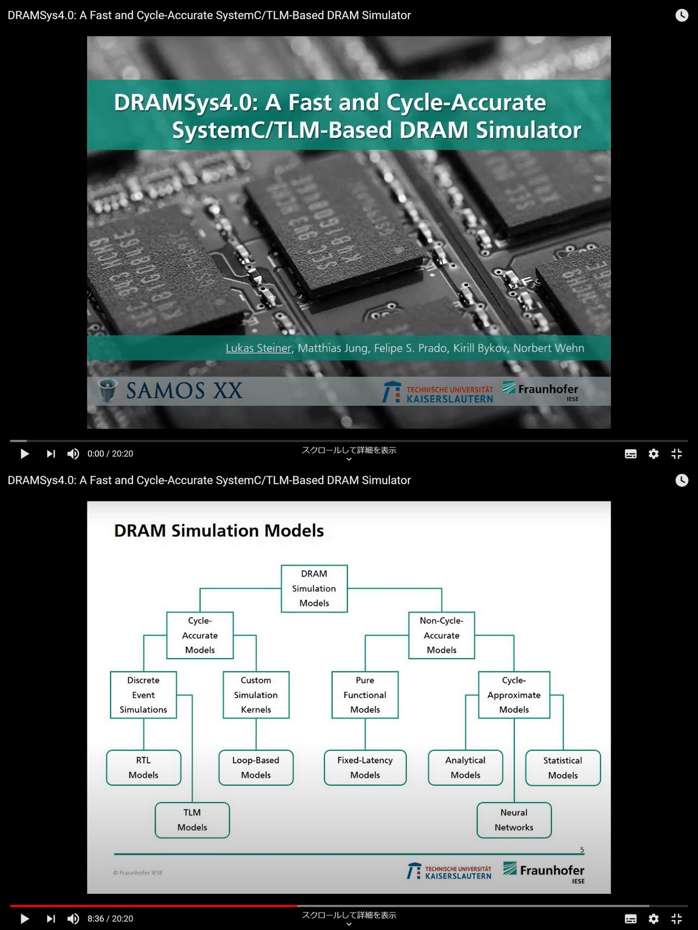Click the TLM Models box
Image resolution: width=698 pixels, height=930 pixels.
(x=192, y=820)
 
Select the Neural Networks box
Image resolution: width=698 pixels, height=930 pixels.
(x=514, y=820)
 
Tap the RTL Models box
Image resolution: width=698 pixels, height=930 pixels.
(x=144, y=768)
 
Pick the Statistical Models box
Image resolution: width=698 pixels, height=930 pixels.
(x=563, y=768)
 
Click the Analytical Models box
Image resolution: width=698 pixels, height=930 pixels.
(x=466, y=768)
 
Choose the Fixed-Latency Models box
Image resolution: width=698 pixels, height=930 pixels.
(x=365, y=768)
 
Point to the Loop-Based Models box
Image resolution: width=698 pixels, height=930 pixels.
(x=256, y=768)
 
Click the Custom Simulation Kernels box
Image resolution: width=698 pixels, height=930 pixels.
(x=256, y=695)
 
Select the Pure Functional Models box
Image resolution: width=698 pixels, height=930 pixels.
(x=365, y=695)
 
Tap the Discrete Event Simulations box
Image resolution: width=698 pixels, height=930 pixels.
(x=144, y=695)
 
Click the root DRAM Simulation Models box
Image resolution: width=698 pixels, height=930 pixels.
(x=314, y=588)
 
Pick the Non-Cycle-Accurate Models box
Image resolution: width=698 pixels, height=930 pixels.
(x=442, y=635)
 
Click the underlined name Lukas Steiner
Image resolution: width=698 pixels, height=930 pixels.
(x=258, y=348)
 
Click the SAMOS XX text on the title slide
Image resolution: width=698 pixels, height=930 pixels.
(x=184, y=391)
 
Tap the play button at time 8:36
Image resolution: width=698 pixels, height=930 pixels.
(x=24, y=918)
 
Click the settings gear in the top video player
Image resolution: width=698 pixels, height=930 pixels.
(x=654, y=454)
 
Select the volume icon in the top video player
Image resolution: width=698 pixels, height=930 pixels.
(x=73, y=454)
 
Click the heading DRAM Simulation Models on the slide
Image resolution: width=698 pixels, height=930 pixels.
(x=219, y=531)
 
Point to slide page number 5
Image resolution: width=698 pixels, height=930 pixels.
(x=582, y=850)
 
